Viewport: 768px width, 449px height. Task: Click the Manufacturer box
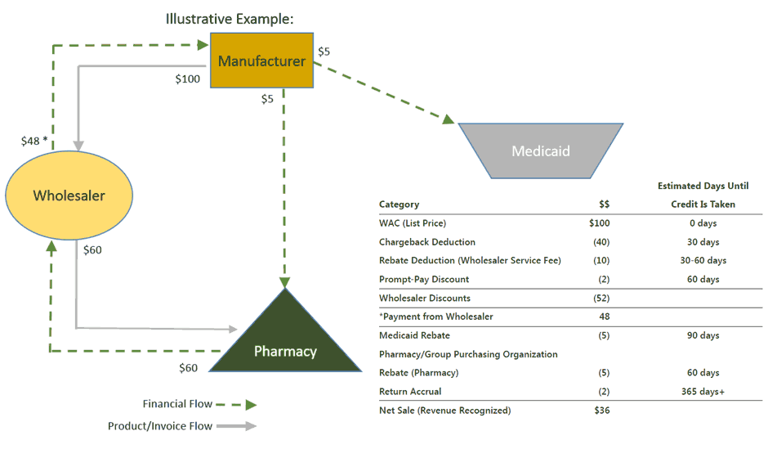pos(261,61)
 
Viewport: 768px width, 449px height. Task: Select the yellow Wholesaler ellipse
pos(69,195)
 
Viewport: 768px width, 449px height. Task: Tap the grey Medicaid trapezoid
pos(540,151)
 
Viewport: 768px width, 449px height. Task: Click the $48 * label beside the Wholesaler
pos(34,141)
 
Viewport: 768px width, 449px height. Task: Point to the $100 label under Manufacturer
pos(188,79)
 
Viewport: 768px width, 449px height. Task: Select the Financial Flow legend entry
pos(177,404)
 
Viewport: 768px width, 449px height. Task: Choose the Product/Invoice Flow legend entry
pos(159,426)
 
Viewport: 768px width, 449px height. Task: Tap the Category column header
pos(399,204)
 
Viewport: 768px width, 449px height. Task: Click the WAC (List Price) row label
pos(413,223)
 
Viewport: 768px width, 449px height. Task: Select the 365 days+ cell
pos(703,392)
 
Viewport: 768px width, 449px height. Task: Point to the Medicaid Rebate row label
pos(414,335)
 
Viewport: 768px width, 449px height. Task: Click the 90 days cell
pos(703,335)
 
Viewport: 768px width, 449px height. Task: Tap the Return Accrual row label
pos(410,392)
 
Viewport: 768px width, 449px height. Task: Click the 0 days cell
pos(703,223)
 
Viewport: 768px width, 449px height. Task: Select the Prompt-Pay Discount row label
pos(424,280)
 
